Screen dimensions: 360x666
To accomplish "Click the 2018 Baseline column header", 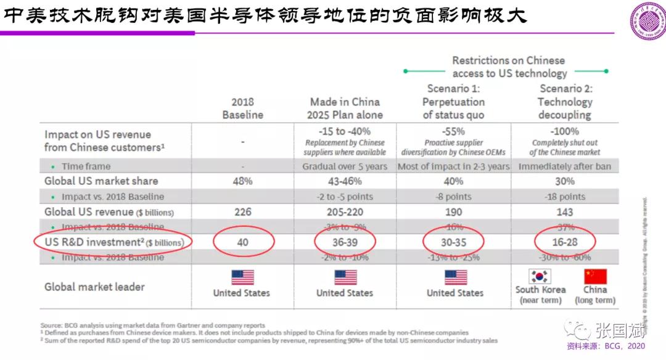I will pyautogui.click(x=242, y=108).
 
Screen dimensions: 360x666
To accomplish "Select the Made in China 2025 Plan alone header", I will pyautogui.click(x=345, y=108).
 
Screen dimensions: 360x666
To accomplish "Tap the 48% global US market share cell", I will pyautogui.click(x=242, y=181).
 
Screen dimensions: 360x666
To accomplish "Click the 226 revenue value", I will pyautogui.click(x=242, y=212).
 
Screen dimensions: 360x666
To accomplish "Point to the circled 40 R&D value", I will pyautogui.click(x=242, y=242).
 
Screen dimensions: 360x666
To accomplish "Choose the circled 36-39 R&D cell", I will pyautogui.click(x=345, y=242).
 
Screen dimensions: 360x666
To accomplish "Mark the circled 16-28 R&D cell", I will pyautogui.click(x=564, y=242).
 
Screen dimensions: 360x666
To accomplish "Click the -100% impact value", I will pyautogui.click(x=564, y=131).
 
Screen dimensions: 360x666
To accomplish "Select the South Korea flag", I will pyautogui.click(x=540, y=277).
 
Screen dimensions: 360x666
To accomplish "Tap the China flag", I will pyautogui.click(x=595, y=277).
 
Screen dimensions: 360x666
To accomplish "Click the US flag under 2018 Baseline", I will pyautogui.click(x=242, y=277).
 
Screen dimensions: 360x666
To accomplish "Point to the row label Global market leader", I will pyautogui.click(x=94, y=287).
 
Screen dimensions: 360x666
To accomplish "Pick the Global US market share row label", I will pyautogui.click(x=101, y=181).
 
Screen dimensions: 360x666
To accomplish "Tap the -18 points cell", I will pyautogui.click(x=564, y=197).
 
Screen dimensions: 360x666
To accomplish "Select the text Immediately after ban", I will pyautogui.click(x=564, y=166).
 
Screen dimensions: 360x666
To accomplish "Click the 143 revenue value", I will pyautogui.click(x=564, y=212).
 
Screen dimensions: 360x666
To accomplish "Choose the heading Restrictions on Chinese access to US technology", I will pyautogui.click(x=509, y=67).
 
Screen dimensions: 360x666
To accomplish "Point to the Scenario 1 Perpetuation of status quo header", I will pyautogui.click(x=454, y=102).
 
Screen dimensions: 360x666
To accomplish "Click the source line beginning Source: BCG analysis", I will pyautogui.click(x=153, y=325).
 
